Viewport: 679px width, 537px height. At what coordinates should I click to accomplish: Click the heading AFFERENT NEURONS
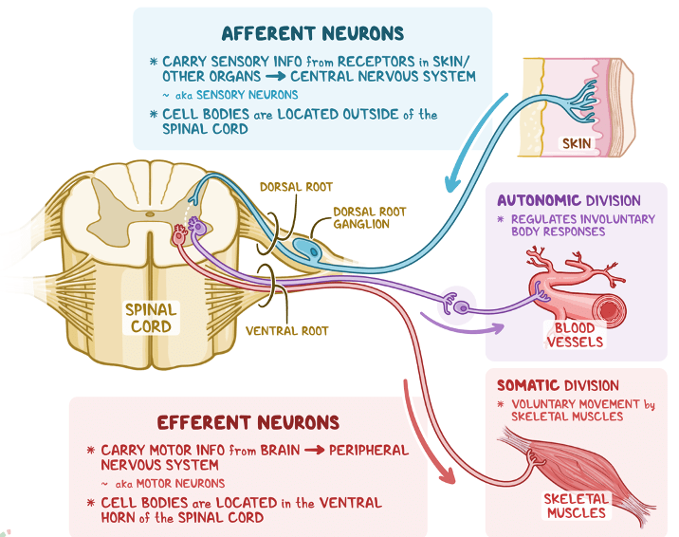coord(312,34)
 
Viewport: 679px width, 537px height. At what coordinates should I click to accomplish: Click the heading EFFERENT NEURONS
coord(248,423)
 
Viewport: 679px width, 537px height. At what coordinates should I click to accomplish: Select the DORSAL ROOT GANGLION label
coord(360,218)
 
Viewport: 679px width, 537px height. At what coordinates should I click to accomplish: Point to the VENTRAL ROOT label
coord(286,331)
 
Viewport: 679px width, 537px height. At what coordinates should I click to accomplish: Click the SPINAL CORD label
coord(151,318)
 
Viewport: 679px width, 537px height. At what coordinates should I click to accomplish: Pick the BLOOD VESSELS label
coord(574,335)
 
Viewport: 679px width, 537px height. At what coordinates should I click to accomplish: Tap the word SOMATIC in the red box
coord(528,385)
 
